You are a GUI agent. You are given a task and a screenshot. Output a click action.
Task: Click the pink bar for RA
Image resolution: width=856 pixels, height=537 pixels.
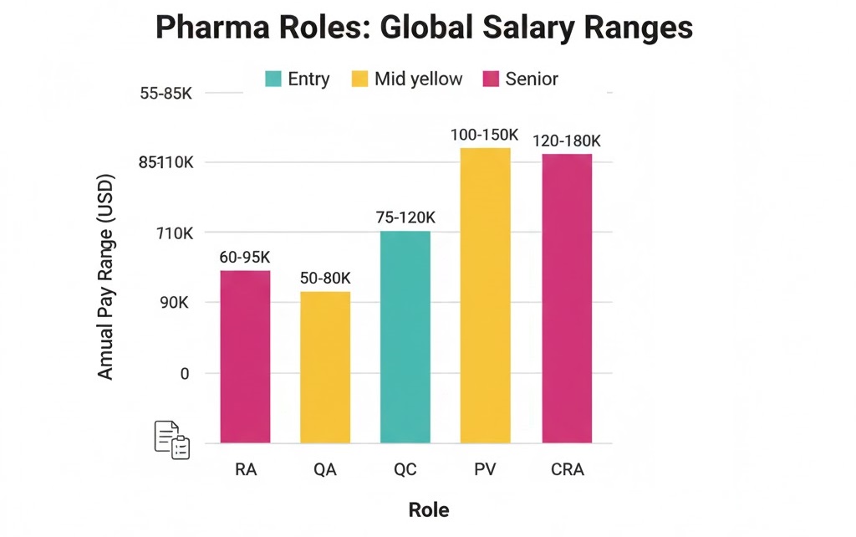coord(245,356)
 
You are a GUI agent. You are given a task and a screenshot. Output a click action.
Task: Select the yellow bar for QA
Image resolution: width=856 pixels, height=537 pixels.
coord(325,366)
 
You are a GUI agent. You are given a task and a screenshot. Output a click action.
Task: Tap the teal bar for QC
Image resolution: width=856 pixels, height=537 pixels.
coord(405,336)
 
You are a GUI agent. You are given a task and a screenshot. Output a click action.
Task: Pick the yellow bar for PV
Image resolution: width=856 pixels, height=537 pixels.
coord(485,294)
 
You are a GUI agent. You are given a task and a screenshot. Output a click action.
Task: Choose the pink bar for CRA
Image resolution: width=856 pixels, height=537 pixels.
coord(567,298)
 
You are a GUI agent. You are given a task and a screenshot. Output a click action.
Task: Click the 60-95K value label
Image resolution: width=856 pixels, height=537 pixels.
coord(245,258)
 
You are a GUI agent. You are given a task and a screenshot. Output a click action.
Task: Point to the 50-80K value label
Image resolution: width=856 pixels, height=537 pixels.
coord(325,278)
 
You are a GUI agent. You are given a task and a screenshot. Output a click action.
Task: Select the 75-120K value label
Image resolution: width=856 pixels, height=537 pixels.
coord(405,217)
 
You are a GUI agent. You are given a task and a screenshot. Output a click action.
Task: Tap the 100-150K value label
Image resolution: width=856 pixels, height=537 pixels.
coord(485,135)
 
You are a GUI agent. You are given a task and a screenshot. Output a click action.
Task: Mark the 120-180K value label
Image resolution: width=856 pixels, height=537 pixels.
coord(567,141)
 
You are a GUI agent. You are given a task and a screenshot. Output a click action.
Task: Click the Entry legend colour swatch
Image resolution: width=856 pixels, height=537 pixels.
coord(273,79)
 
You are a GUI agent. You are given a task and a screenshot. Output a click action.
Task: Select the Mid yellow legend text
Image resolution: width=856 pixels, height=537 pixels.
coord(418,79)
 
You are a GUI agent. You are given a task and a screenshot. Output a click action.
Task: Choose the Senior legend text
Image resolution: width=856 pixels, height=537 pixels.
coord(532,79)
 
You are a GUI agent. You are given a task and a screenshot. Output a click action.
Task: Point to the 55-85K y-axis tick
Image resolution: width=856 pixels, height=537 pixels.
coord(166,94)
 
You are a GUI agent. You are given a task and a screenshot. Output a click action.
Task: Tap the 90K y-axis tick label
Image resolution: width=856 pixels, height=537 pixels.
coord(174,302)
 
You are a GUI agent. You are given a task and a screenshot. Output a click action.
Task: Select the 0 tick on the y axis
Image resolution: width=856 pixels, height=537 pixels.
coord(185,373)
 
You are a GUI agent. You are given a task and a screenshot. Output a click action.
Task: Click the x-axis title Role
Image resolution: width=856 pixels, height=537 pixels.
coord(428,510)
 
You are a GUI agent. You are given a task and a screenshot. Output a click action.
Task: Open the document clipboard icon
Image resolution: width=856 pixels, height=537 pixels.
coord(172,440)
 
